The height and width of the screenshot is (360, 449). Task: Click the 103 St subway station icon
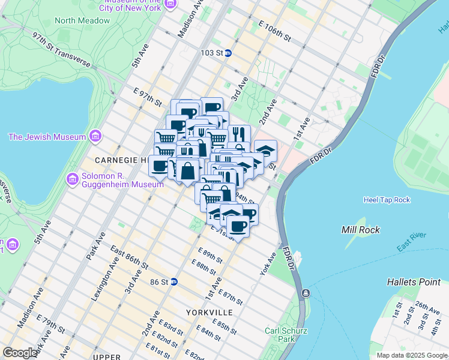pos(229,53)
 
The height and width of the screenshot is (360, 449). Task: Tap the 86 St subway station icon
pos(174,281)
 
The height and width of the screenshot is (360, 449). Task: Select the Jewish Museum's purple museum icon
pos(95,137)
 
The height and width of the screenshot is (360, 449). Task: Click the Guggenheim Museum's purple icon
pos(72,178)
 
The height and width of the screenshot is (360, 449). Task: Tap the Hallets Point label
pos(414,281)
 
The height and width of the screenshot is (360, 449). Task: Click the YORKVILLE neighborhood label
pos(209,313)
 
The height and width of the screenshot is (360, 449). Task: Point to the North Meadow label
pos(82,20)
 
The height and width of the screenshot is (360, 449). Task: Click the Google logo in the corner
pos(20,353)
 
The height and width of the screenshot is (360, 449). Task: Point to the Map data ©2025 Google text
pos(412,355)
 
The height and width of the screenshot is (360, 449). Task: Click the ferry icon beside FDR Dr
pos(306,293)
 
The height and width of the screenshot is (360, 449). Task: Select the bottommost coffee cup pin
pos(238,227)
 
